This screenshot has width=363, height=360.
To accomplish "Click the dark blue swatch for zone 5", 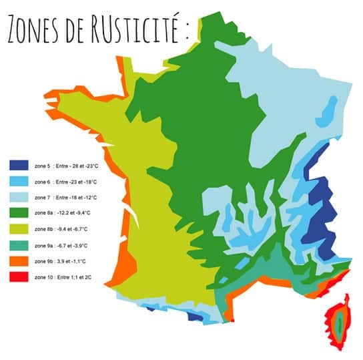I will (18, 166).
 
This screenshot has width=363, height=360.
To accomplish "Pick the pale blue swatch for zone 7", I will (18, 198).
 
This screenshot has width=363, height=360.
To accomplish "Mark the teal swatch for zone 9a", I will (18, 246).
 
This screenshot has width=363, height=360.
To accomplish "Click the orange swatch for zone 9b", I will (18, 262).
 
